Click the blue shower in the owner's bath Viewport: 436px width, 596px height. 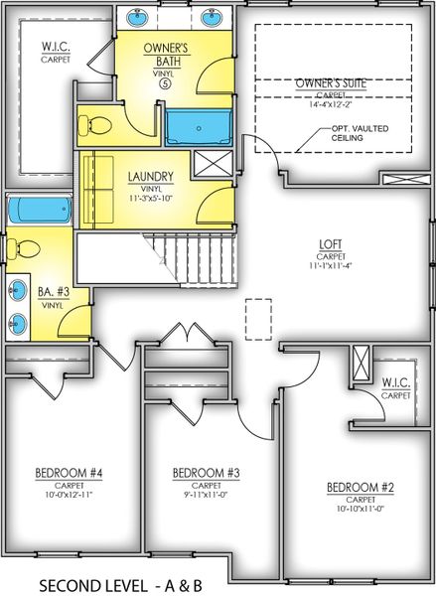[x=198, y=127]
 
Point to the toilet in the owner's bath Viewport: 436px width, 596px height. [x=94, y=125]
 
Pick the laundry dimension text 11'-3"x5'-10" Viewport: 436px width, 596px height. [x=152, y=199]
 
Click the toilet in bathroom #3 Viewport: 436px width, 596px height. [x=26, y=249]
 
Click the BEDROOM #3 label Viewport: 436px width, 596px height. [x=200, y=472]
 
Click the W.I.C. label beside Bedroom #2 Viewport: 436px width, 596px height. [x=396, y=382]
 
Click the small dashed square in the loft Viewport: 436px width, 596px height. [x=258, y=315]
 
